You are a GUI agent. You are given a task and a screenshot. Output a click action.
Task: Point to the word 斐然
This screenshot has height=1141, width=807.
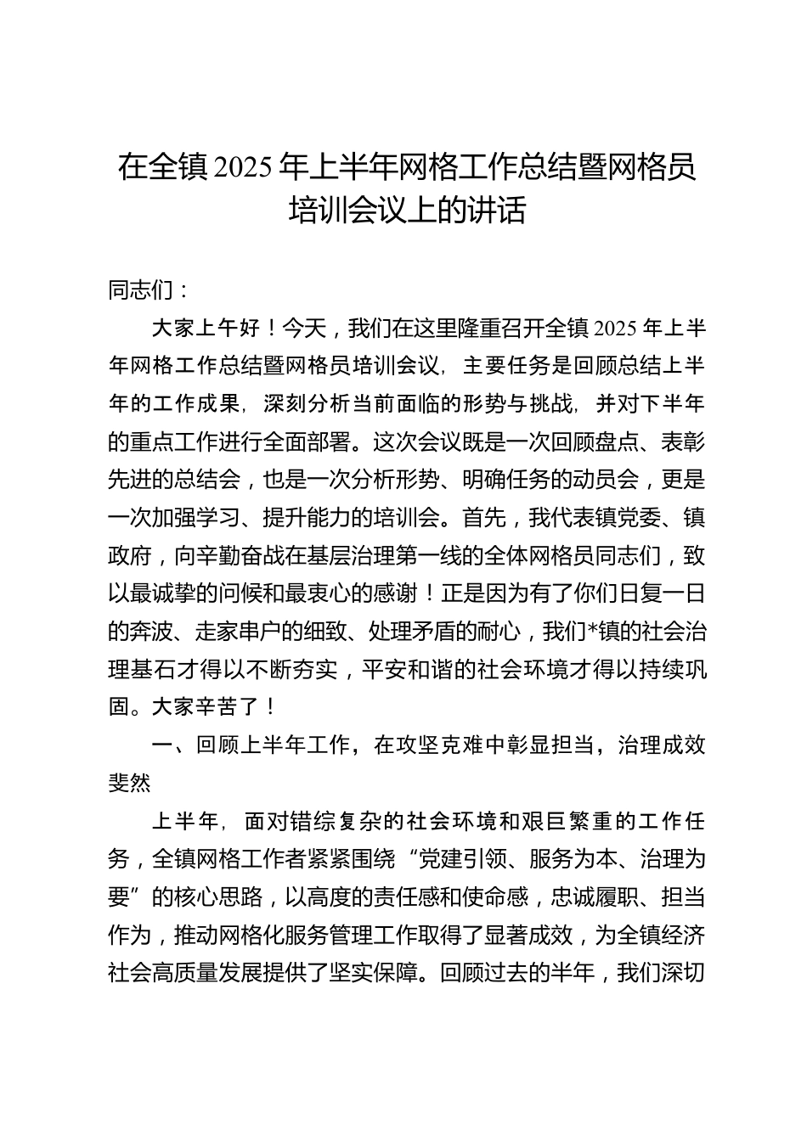[x=130, y=783]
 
